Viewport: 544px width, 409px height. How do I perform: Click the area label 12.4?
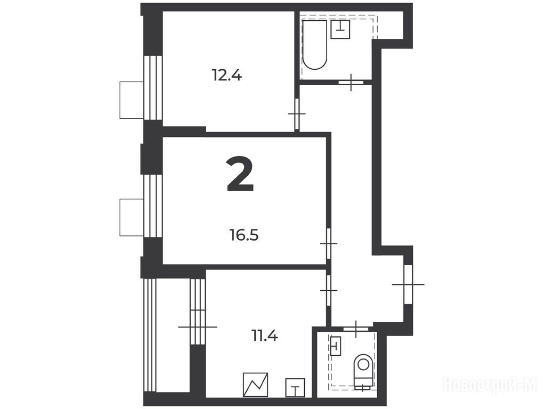coord(226,75)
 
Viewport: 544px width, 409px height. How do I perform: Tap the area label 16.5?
coord(244,235)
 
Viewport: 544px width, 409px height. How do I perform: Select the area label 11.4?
coord(264,336)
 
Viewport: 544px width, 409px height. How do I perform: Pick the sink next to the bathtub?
coord(340,29)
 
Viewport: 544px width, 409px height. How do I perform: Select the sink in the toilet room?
coord(336,346)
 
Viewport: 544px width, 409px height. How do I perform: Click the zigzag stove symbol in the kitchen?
coord(255,385)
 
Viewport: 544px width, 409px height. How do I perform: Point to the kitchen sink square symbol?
coord(295,388)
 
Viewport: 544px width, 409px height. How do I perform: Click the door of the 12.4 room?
coord(297,114)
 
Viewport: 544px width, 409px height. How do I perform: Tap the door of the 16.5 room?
coord(329,243)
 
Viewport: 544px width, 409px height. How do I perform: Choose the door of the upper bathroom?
coord(351,82)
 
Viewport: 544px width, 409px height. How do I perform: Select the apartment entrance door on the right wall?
coord(408,284)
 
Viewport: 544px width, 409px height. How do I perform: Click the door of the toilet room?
coord(356,329)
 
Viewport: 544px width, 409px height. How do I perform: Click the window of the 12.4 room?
coord(153,88)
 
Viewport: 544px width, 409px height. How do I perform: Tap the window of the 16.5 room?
coord(153,206)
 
